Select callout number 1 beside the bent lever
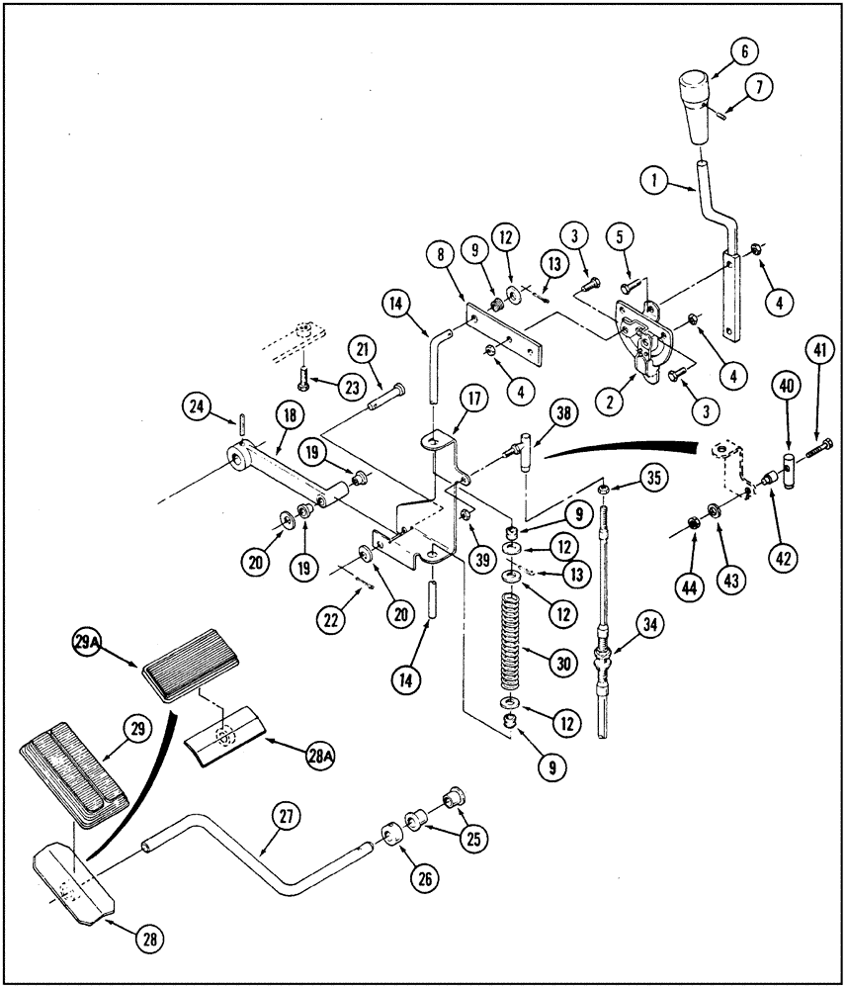pos(652,181)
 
